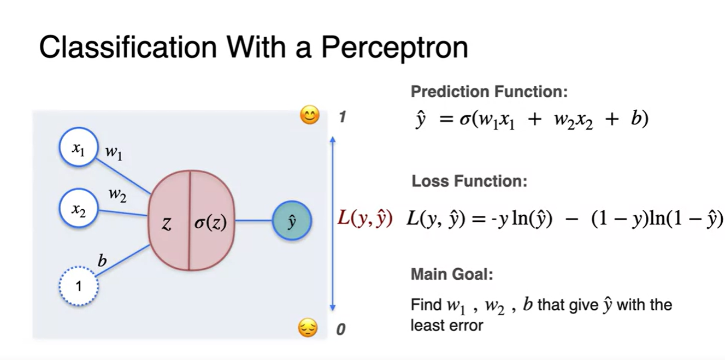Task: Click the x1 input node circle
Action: (x=78, y=147)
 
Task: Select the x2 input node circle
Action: (x=78, y=208)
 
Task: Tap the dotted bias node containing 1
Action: (x=79, y=286)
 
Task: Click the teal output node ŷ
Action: (x=292, y=221)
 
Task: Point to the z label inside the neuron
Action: (x=167, y=223)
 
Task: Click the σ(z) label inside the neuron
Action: (x=210, y=223)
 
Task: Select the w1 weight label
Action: (x=114, y=152)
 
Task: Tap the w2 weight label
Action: (x=117, y=195)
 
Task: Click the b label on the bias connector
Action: (x=102, y=261)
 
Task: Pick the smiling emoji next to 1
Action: (x=310, y=115)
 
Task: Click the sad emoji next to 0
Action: (x=308, y=328)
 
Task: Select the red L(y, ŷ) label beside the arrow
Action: (x=365, y=218)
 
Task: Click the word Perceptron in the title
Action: (x=394, y=48)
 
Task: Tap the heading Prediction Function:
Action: (x=489, y=92)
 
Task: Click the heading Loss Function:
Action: (x=469, y=181)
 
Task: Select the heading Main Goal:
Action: (x=452, y=274)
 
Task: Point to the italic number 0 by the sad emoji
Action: (x=341, y=329)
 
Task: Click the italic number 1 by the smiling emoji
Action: (x=343, y=117)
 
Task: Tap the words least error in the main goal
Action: (x=447, y=326)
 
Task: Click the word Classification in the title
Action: (x=128, y=48)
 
